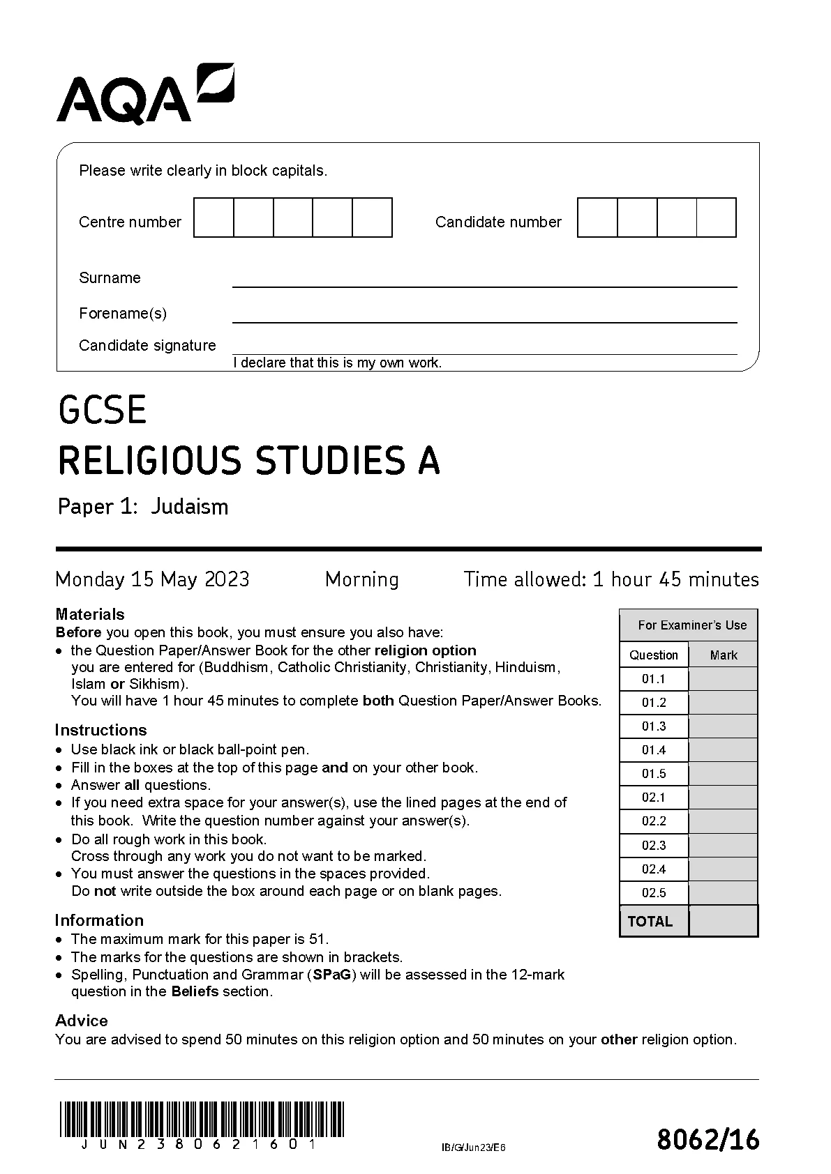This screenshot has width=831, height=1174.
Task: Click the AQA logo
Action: [145, 94]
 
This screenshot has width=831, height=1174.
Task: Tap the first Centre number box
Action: [214, 218]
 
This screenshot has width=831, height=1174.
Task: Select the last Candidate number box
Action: [717, 218]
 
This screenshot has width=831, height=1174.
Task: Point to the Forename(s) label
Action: [123, 313]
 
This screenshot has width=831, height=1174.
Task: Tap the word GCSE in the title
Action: [103, 410]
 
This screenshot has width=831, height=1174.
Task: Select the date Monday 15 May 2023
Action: [152, 579]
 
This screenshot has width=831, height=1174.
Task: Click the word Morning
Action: [362, 579]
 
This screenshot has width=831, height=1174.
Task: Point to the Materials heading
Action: [90, 614]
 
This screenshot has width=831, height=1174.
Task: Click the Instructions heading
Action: [101, 730]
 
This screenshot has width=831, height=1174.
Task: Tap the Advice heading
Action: [82, 1021]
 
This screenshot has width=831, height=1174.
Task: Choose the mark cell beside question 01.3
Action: [723, 726]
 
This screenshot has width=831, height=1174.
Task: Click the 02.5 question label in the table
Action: [654, 893]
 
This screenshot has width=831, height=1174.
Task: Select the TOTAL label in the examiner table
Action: [650, 922]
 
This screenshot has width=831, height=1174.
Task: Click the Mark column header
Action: [724, 655]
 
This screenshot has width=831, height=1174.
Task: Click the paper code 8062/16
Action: [708, 1141]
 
